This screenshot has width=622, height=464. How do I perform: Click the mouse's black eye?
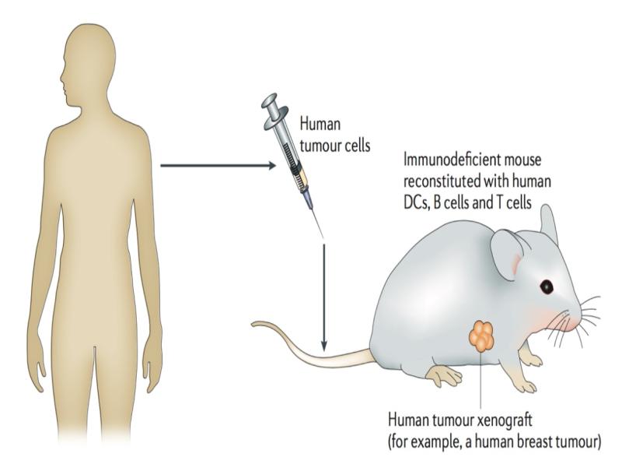[547, 286]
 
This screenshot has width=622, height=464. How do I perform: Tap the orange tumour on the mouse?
[482, 336]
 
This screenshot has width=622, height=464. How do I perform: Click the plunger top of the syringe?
[268, 100]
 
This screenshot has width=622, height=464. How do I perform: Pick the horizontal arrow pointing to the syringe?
[218, 165]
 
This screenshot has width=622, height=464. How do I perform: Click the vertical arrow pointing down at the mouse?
[324, 298]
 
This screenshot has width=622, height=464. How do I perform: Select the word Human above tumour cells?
[320, 124]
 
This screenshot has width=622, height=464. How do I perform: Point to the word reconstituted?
[442, 181]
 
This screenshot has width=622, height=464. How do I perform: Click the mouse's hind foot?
[445, 374]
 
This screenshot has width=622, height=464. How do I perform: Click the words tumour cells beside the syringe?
[335, 146]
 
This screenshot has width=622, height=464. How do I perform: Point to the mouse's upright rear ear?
[549, 223]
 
